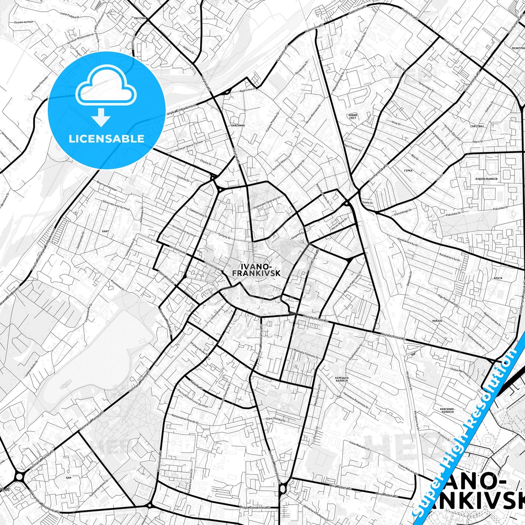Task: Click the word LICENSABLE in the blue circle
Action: pyautogui.click(x=106, y=138)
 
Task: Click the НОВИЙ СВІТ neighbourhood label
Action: pyautogui.click(x=353, y=116)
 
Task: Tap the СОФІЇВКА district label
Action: pyautogui.click(x=477, y=126)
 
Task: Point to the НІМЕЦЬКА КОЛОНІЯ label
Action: pyautogui.click(x=341, y=379)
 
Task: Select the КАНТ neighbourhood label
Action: pyautogui.click(x=105, y=231)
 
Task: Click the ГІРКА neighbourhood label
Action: pyautogui.click(x=408, y=170)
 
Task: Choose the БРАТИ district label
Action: pyautogui.click(x=498, y=278)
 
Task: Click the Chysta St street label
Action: pyautogui.click(x=206, y=162)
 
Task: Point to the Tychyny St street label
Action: pyautogui.click(x=224, y=235)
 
